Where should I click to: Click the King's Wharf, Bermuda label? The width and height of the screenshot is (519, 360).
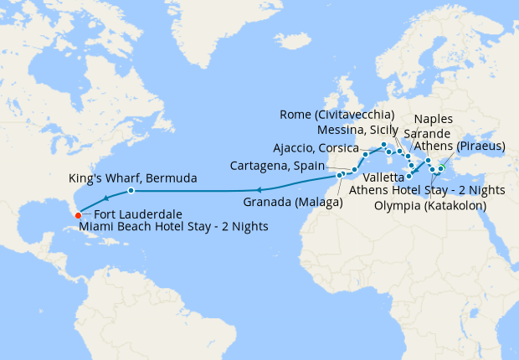132,178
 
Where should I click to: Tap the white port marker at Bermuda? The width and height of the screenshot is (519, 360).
131,192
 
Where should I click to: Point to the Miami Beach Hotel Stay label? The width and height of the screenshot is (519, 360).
173,227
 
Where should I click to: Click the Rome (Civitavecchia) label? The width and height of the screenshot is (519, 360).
338,115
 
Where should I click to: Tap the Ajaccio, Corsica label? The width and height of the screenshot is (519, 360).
316,148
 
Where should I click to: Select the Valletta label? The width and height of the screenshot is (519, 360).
376,177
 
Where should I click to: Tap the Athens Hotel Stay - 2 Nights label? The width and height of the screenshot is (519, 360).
427,191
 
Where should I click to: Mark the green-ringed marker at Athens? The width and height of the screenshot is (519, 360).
441,169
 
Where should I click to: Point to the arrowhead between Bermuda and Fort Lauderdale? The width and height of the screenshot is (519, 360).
105,199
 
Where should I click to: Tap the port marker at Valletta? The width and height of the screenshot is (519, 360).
409,177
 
